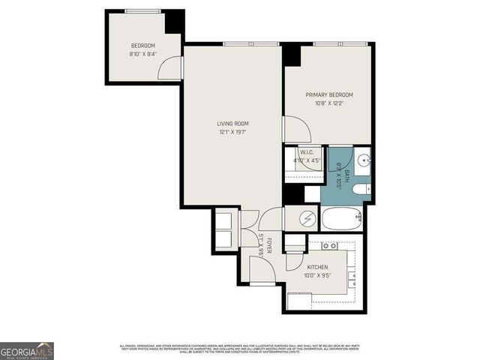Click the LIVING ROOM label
(x=232, y=124)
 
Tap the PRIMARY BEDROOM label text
(x=328, y=95)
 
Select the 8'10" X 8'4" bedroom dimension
(x=142, y=54)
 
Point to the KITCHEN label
(x=318, y=267)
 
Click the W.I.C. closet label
(x=305, y=151)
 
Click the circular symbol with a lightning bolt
(x=307, y=219)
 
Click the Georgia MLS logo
(x=26, y=350)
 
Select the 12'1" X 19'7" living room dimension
(x=232, y=132)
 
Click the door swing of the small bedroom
(x=172, y=67)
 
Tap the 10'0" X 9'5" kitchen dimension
(x=318, y=275)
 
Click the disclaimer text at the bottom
(x=240, y=349)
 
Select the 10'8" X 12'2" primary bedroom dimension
(x=328, y=103)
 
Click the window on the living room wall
(x=240, y=43)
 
